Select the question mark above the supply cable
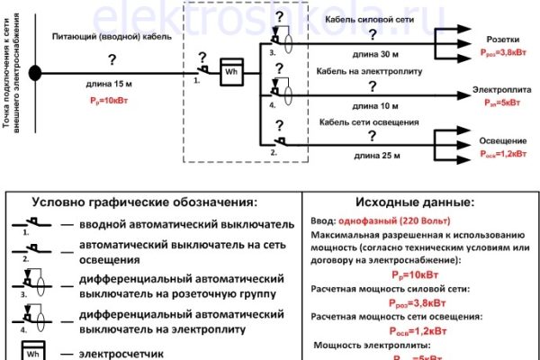[x=111, y=59]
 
